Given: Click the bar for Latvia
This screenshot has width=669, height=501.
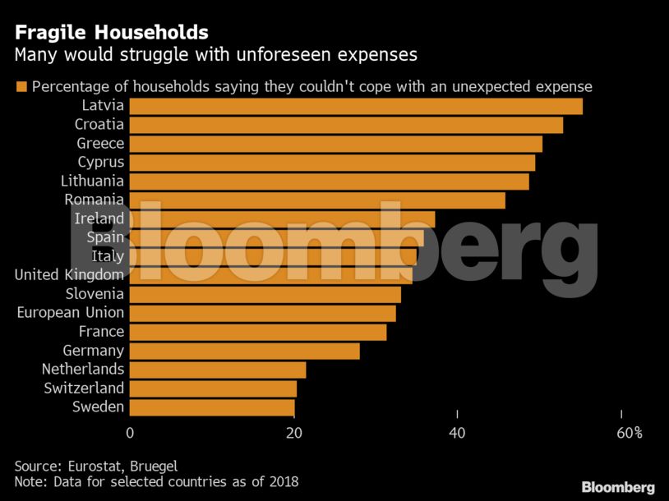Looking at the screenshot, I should pos(355,106).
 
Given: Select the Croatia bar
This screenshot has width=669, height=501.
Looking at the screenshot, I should pos(345,125).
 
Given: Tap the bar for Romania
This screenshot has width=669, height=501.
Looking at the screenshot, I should pos(316,200).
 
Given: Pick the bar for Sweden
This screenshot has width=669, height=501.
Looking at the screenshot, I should pos(211,407).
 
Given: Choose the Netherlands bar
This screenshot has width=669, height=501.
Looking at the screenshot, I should pos(217,370).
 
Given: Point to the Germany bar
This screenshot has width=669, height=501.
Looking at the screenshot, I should pos(244,351).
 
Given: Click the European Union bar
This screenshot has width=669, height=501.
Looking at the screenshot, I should pos(262,313).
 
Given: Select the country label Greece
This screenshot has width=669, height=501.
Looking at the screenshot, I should pos(100,144).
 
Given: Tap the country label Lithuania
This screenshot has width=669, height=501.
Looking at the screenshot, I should pos(92,181).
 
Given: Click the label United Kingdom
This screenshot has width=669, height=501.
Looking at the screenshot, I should pos(69,275).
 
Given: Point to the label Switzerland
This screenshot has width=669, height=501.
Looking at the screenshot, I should pos(85,388).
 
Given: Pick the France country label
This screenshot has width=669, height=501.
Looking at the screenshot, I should pos(101,332).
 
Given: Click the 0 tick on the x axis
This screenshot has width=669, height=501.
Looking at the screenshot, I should pos(130,433).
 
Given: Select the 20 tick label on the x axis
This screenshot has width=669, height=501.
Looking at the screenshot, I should pos(293,433).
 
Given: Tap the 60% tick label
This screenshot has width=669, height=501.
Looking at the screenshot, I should pos(628,433).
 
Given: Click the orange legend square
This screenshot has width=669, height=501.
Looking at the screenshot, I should pos(21,87).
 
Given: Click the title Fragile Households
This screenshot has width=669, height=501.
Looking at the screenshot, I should pos(111,33).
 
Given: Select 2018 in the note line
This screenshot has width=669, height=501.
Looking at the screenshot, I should pos(282,481).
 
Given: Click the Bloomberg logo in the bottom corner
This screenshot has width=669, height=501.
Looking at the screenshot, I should pos(617,487).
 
